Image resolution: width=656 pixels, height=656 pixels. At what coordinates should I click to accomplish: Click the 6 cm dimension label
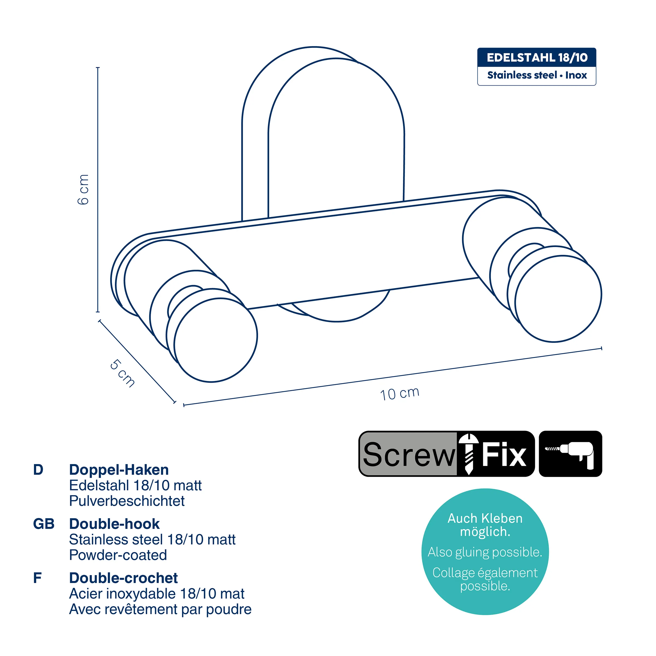click(83, 189)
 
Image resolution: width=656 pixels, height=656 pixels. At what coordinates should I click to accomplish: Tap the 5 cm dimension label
click(122, 373)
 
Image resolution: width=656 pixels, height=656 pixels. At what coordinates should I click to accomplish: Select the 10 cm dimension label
click(400, 394)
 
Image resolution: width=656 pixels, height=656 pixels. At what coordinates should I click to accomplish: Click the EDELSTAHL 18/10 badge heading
click(537, 57)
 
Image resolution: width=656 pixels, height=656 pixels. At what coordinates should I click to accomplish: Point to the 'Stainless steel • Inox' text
click(537, 75)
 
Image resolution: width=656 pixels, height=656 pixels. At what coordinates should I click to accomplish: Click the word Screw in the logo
click(409, 455)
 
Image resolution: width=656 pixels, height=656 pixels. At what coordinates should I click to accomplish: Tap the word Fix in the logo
click(504, 454)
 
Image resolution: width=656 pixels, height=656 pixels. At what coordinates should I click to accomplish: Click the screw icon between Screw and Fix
click(468, 454)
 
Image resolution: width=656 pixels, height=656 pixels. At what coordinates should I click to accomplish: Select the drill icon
click(570, 454)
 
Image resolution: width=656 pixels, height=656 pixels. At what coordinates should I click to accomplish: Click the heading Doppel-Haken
click(119, 470)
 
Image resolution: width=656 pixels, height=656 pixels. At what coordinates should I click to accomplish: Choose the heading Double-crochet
click(123, 578)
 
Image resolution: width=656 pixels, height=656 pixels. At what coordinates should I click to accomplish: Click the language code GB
click(44, 524)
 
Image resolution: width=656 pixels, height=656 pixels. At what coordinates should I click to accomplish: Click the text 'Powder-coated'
click(118, 555)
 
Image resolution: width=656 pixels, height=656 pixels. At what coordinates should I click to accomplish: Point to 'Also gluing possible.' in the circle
click(485, 552)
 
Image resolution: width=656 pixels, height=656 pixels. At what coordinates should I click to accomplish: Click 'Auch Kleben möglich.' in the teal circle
click(485, 525)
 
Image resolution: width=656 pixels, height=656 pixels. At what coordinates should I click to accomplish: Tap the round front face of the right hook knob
click(558, 298)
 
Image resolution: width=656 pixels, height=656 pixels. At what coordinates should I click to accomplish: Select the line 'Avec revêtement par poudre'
click(160, 609)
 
